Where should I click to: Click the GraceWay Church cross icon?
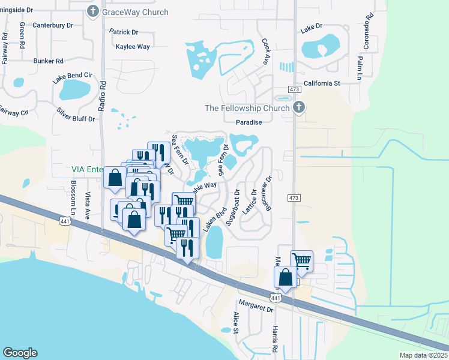(93, 11)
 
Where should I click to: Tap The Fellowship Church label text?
(247, 108)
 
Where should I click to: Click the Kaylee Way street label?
(133, 46)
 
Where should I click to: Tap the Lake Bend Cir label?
(72, 77)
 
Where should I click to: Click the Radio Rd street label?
(102, 95)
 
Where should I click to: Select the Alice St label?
(236, 323)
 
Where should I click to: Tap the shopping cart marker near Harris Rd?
(301, 260)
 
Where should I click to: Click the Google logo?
(20, 353)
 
